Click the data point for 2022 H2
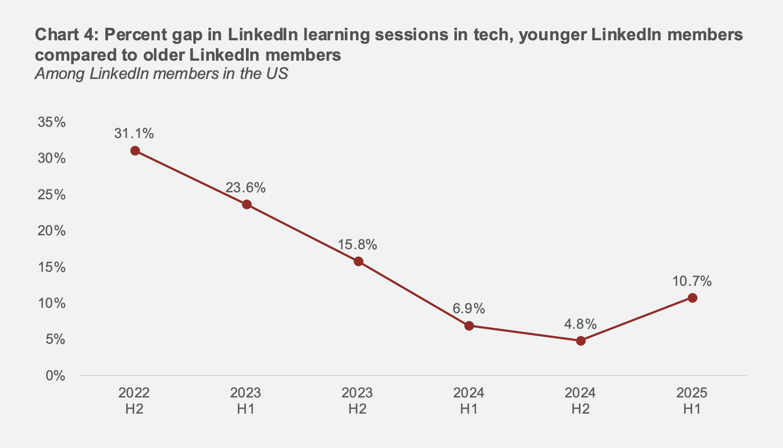(x=135, y=151)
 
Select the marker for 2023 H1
(x=247, y=204)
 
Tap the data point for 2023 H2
(x=358, y=262)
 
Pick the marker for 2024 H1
(x=469, y=326)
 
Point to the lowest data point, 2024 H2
(x=581, y=341)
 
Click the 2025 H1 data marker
(x=692, y=298)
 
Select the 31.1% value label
(x=134, y=133)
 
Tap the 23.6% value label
(x=245, y=187)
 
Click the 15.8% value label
(x=357, y=245)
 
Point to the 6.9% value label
(x=468, y=309)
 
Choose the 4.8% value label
(x=580, y=324)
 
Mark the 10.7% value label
(x=692, y=281)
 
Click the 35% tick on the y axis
(x=52, y=122)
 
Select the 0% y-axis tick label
(x=55, y=375)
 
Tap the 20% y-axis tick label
(x=52, y=231)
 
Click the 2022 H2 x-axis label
(x=134, y=401)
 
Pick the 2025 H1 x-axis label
(x=692, y=401)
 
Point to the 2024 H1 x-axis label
(x=468, y=401)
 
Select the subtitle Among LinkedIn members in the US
(x=161, y=73)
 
